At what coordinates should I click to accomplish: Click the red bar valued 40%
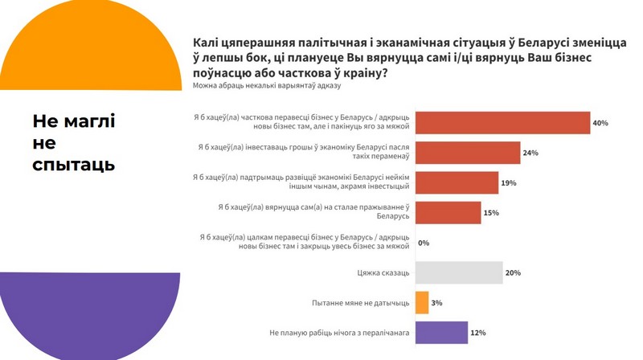coord(502,123)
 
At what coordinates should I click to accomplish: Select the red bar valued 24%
coord(468,153)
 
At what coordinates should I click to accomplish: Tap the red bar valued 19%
coord(457,182)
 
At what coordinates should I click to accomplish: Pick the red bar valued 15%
coord(448,213)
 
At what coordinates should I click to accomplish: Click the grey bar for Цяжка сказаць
coord(459,272)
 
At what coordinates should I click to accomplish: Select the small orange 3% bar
coord(422,302)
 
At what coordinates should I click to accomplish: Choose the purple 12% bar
coord(441,333)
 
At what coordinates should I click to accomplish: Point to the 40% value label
coord(600,123)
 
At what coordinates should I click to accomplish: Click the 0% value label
coord(424,243)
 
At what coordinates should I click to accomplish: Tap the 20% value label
coord(513,272)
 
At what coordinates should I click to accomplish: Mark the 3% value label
coord(437,303)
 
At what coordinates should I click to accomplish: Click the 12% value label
coord(477,333)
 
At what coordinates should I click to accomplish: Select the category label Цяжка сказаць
coord(383,273)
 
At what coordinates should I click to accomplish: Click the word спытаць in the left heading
coord(74,165)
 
